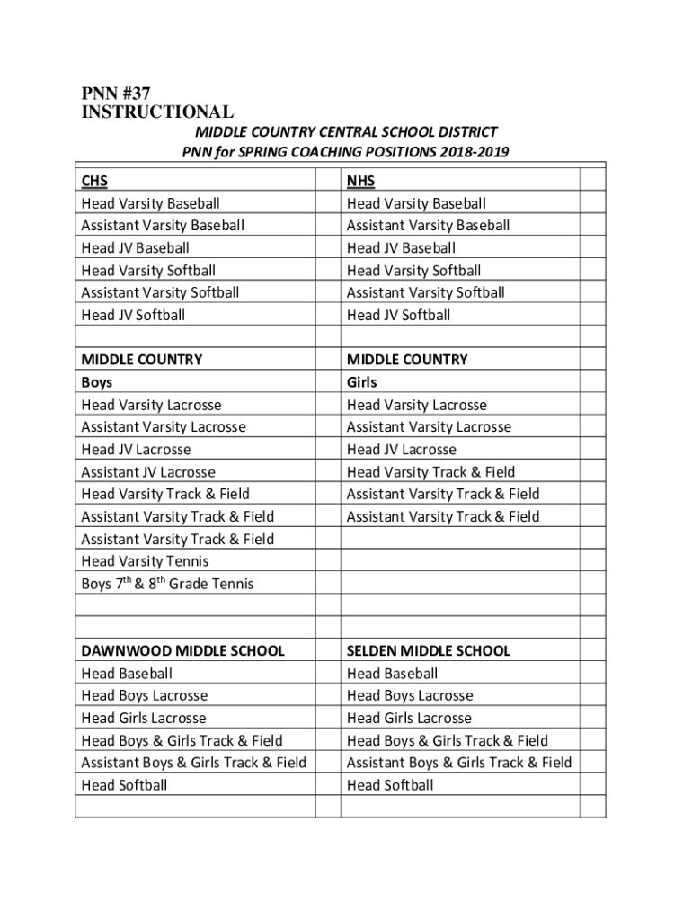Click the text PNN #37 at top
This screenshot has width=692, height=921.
[x=115, y=93]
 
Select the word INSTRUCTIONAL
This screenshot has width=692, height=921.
[x=157, y=112]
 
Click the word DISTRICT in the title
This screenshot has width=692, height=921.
[x=464, y=132]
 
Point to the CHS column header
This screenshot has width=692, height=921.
[x=94, y=182]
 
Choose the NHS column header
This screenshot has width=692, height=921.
[x=360, y=182]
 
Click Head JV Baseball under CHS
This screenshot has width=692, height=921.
[x=135, y=248]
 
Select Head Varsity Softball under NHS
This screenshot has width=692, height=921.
[x=413, y=271]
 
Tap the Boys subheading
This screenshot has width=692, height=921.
[x=97, y=382]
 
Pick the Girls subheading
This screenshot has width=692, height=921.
[x=362, y=382]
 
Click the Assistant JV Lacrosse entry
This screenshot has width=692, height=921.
[x=148, y=472]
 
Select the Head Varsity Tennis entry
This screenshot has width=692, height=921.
[x=145, y=561]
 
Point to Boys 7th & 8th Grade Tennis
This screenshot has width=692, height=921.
[x=167, y=584]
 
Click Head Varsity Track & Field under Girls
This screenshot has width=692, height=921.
[x=431, y=472]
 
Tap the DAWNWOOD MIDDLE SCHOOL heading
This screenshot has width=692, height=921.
[x=182, y=650]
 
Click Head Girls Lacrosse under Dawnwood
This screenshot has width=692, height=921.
[x=144, y=718]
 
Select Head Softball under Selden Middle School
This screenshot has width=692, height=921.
[x=390, y=785]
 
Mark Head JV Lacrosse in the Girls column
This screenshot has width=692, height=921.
[x=402, y=450]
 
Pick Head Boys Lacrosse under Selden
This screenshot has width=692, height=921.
[x=410, y=695]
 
